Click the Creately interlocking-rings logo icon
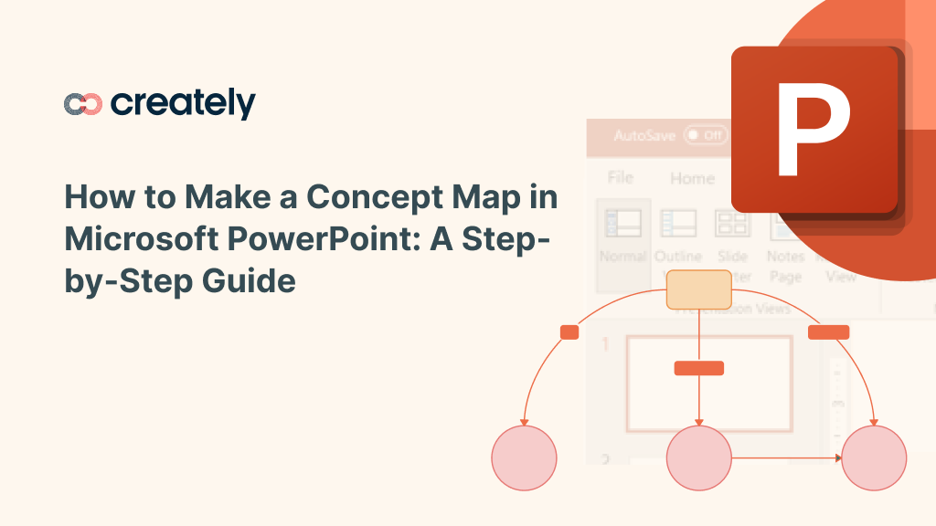coord(83,104)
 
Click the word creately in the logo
coord(183,104)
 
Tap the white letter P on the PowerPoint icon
coord(812,128)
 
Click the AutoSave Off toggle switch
coord(705,135)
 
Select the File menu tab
coord(621,177)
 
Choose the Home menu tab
coord(692,178)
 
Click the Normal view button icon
coord(622,224)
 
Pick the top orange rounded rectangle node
coord(698,289)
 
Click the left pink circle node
coord(524,458)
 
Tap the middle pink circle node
coord(699,458)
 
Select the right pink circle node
coord(873,458)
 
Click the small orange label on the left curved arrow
coord(569,332)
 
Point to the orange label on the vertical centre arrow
coord(698,368)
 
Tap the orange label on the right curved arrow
coord(828,332)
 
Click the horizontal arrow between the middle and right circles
coord(786,458)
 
